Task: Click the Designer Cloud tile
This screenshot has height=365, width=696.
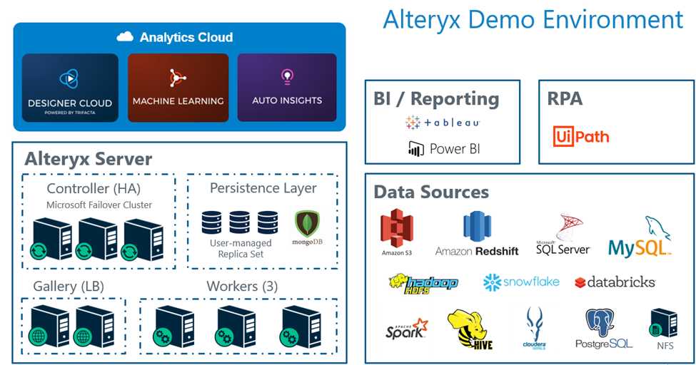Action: tap(70, 87)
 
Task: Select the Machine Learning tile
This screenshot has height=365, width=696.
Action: tap(178, 87)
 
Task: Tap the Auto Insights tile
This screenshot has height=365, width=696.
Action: tap(287, 87)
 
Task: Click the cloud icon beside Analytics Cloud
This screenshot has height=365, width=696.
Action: tap(125, 37)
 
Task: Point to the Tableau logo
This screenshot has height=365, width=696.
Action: tap(443, 123)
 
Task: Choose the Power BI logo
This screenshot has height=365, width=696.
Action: tap(443, 148)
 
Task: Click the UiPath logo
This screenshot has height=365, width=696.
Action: tap(581, 135)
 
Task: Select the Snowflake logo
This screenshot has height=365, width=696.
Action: tap(521, 282)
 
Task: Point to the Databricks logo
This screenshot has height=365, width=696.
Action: tap(615, 282)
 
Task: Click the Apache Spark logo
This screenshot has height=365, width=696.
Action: tap(407, 329)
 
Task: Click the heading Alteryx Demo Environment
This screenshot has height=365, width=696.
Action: tap(533, 19)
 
